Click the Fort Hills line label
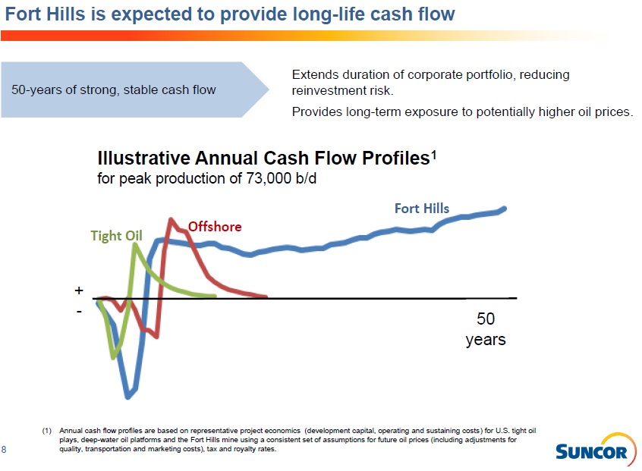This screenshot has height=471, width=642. (x=421, y=209)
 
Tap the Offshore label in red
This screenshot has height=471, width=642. (x=215, y=226)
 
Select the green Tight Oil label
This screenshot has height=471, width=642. (x=116, y=235)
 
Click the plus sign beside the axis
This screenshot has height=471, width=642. (x=78, y=290)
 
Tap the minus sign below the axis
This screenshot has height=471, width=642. (x=79, y=311)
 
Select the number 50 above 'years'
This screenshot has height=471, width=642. (x=485, y=319)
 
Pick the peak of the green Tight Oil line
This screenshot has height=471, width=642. (x=135, y=245)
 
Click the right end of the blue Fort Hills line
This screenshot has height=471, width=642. (x=504, y=208)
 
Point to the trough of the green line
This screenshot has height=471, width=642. (x=115, y=356)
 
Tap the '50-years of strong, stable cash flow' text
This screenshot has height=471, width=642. (x=113, y=90)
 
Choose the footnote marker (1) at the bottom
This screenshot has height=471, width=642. (x=47, y=430)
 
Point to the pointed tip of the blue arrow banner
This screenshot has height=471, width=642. (x=269, y=89)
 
